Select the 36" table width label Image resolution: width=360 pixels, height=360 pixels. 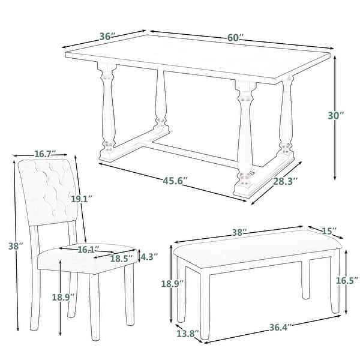107,36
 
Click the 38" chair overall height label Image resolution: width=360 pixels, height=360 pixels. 16,246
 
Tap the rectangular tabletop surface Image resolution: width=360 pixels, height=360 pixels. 198,60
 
